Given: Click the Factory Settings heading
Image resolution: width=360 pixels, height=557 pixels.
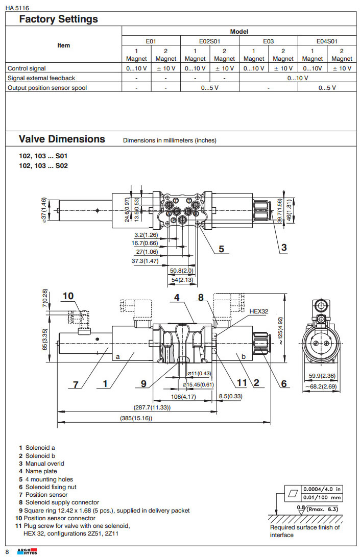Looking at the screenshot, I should click(58, 19).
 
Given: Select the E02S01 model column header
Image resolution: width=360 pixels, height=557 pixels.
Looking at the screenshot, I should click(209, 41).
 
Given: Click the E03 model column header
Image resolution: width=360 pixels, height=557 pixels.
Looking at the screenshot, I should click(269, 41).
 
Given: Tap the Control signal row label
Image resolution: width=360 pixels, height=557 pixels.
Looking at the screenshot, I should click(27, 68).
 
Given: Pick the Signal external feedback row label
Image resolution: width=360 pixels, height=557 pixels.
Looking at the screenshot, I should click(41, 78).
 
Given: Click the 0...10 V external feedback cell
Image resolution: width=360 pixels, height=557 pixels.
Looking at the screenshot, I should click(298, 78).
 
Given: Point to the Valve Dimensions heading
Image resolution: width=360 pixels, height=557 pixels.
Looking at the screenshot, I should click(62, 139).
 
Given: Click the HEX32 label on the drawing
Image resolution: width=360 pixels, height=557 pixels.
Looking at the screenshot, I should click(258, 310).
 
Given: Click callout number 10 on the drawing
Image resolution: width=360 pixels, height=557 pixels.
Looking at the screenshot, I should click(68, 296).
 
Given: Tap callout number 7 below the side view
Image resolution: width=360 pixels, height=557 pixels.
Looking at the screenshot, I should click(76, 384).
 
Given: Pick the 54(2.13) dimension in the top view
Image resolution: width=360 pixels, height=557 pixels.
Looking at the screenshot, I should click(182, 280).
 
